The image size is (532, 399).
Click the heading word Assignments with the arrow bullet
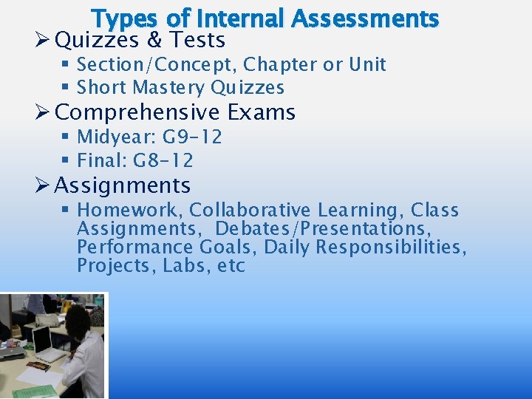[123, 185]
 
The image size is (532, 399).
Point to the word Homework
[130, 211]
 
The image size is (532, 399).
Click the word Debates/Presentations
[323, 228]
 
